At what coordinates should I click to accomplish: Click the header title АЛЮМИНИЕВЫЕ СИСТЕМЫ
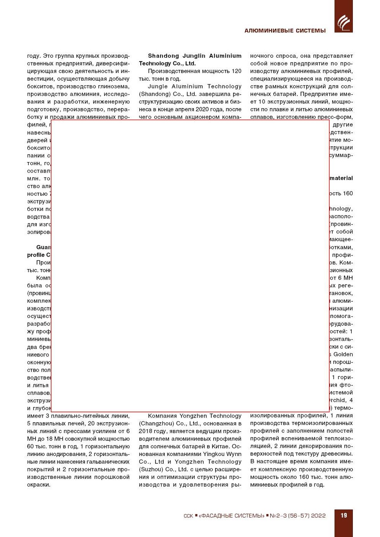(285, 31)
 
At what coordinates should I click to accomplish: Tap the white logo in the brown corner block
(344, 22)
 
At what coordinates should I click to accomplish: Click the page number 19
(344, 515)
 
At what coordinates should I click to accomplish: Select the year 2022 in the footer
(318, 516)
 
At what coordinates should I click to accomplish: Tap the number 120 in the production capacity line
(237, 71)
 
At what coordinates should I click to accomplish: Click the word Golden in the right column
(343, 354)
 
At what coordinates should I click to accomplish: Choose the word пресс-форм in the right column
(338, 117)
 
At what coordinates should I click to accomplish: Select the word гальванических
(110, 462)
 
